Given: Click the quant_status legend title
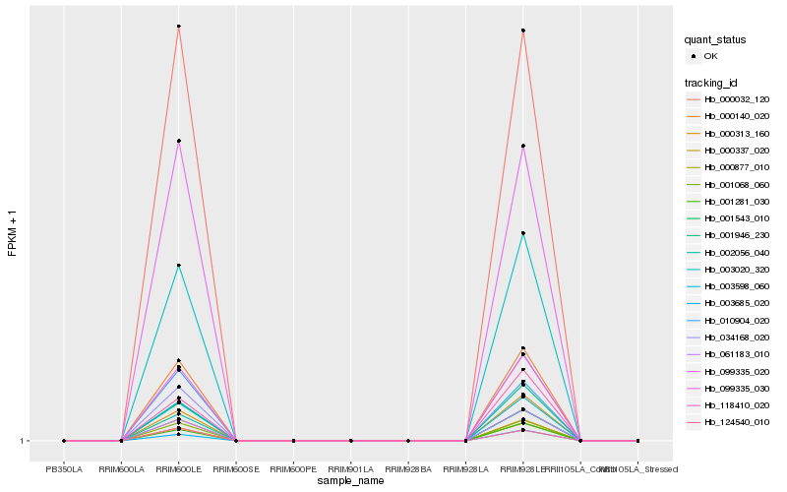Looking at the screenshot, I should click(715, 39).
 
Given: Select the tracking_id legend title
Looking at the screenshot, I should click(714, 82).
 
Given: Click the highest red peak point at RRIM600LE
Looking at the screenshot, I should click(179, 27).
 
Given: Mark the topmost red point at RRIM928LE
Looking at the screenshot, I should click(523, 31).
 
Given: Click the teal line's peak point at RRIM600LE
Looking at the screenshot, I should click(179, 266).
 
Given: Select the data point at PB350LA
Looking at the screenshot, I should click(64, 441).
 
